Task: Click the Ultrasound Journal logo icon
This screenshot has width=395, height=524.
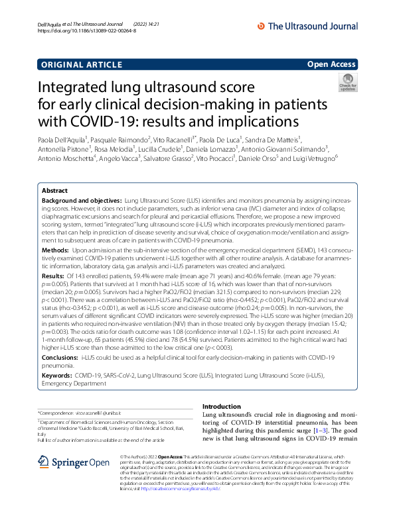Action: [x=261, y=26]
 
